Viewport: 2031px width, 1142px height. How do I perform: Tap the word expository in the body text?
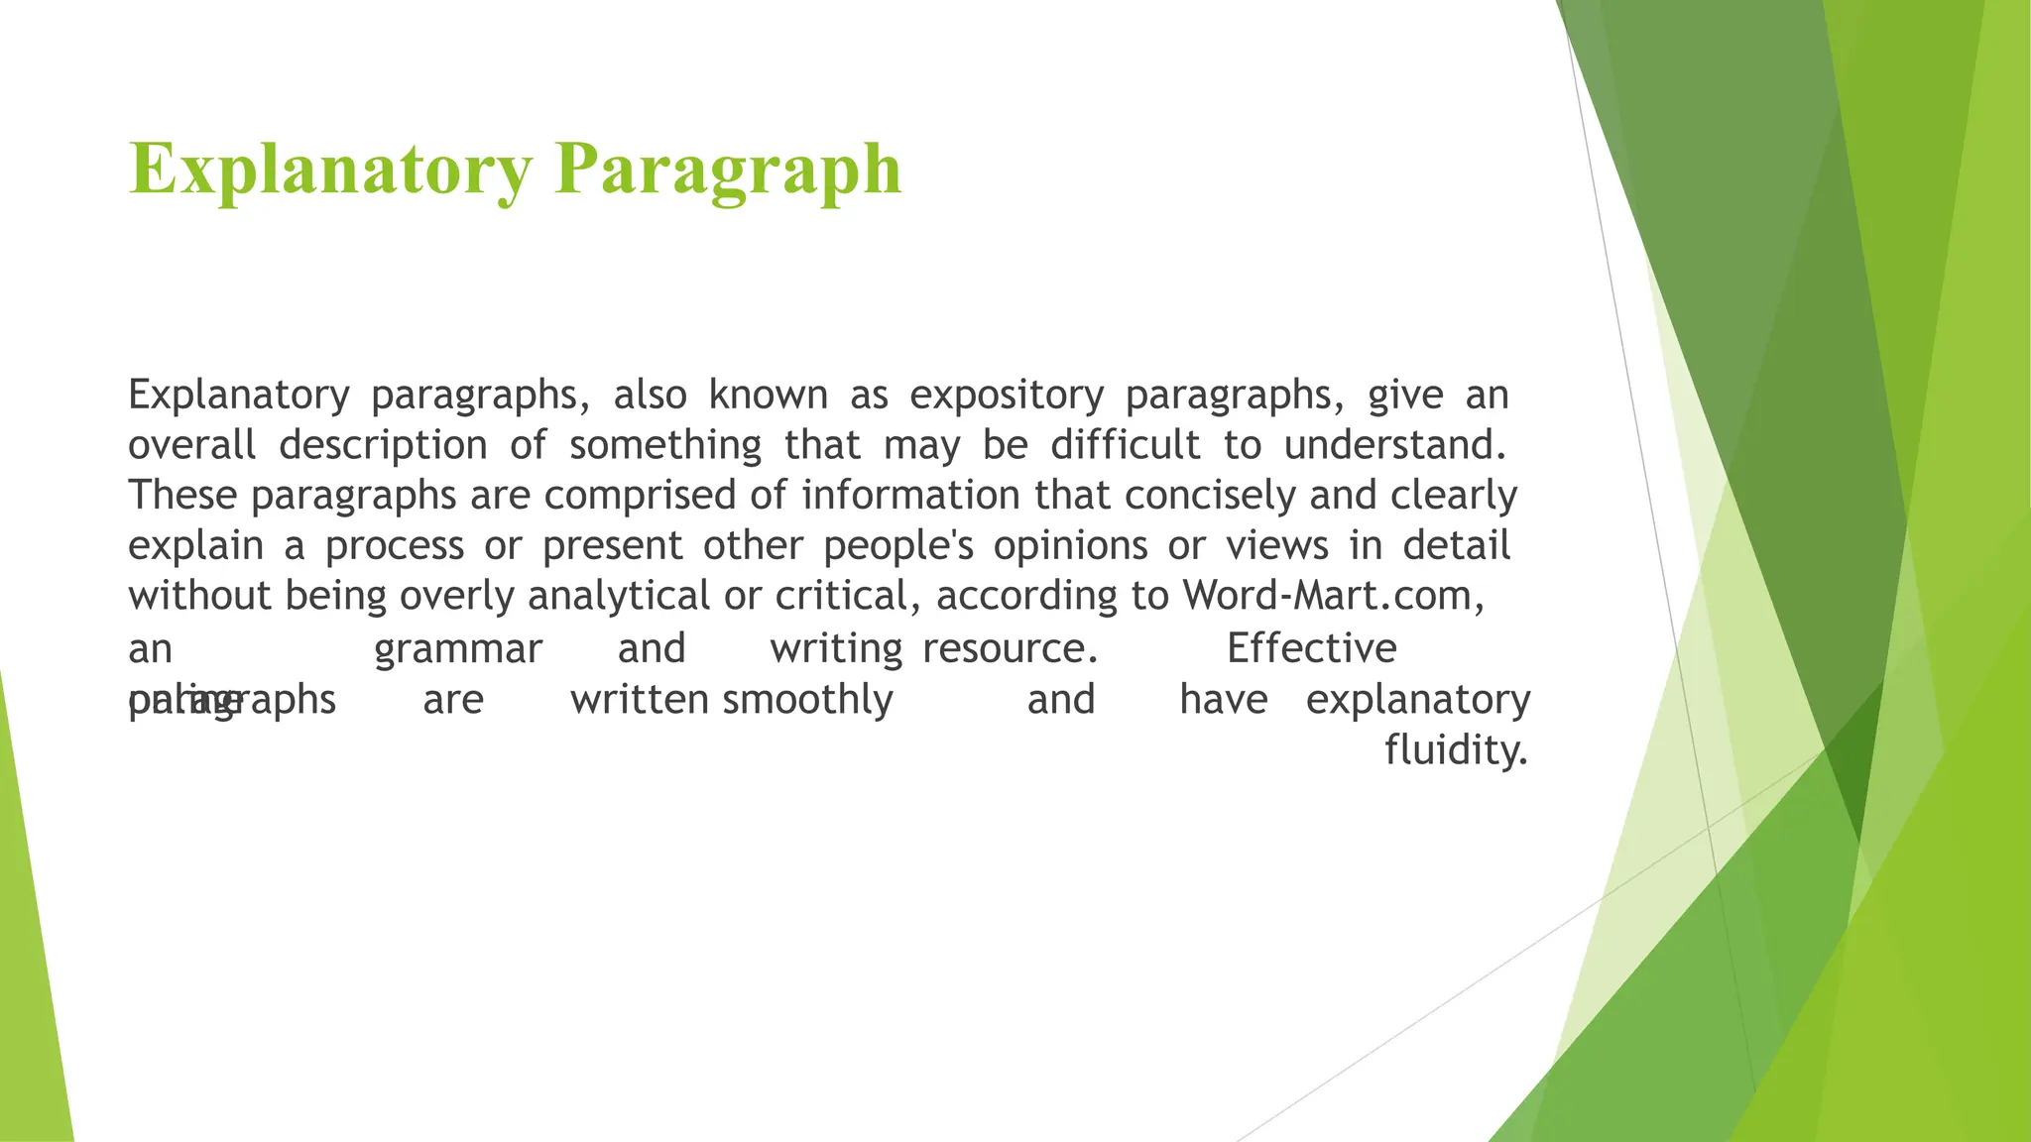tap(1007, 396)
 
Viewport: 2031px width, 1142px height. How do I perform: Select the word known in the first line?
tap(768, 396)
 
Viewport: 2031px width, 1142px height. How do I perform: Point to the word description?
tap(383, 445)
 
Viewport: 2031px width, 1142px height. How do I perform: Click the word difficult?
tap(1126, 445)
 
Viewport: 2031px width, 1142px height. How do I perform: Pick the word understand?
tap(1394, 445)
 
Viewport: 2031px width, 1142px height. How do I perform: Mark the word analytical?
tap(619, 596)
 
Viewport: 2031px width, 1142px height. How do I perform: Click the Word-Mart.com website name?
tap(1333, 596)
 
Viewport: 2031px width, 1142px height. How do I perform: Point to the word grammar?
tap(458, 649)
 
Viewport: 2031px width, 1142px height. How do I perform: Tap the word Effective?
tap(1311, 648)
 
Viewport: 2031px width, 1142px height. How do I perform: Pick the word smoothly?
tap(807, 700)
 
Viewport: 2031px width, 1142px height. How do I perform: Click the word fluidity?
tap(1456, 750)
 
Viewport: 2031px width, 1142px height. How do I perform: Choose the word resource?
tap(1010, 649)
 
